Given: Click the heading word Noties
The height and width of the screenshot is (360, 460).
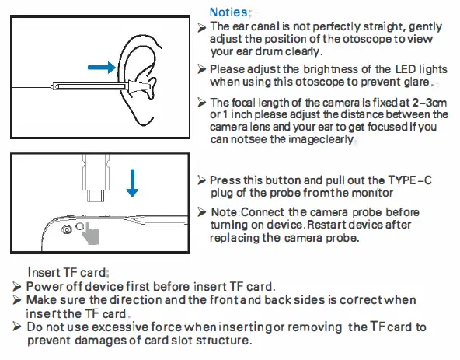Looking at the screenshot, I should (228, 12).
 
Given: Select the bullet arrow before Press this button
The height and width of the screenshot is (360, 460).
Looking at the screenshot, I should (202, 180).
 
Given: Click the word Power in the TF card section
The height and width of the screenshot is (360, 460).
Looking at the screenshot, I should (43, 285).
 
